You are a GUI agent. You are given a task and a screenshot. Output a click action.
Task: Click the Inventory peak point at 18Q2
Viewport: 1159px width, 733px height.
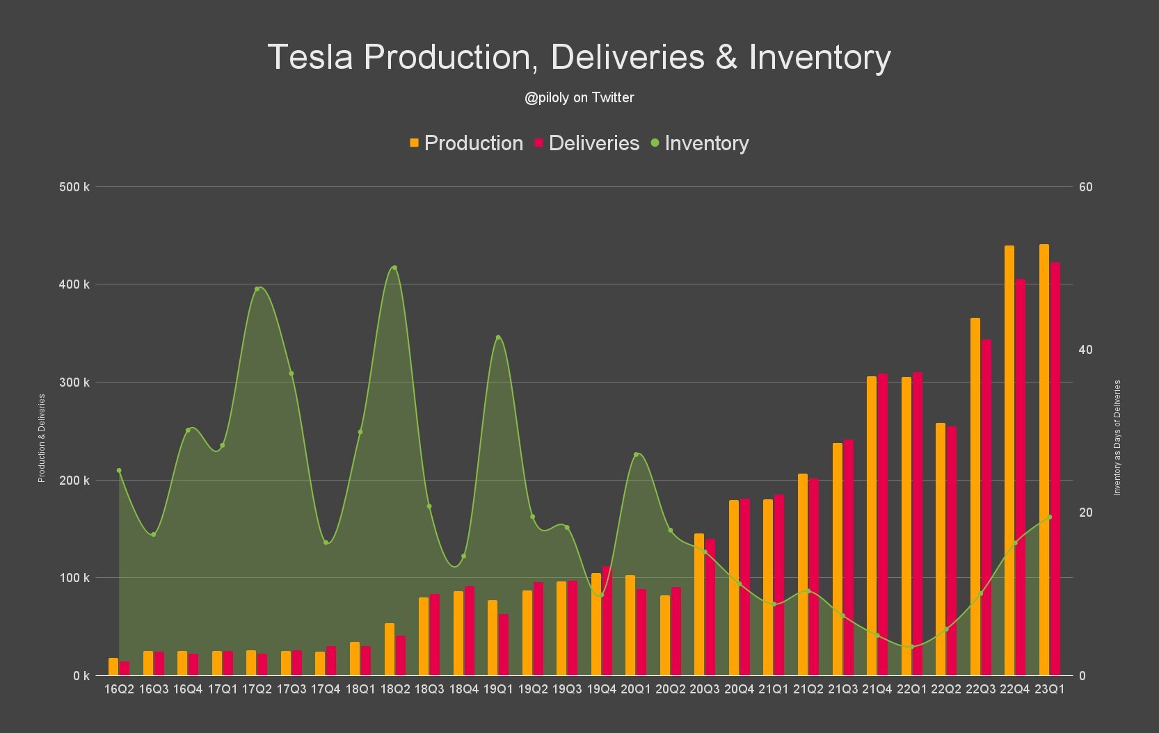point(394,268)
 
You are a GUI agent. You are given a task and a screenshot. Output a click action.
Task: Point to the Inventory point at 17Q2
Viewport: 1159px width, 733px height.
point(257,289)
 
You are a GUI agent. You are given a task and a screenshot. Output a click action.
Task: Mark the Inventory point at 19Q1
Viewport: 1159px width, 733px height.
point(498,338)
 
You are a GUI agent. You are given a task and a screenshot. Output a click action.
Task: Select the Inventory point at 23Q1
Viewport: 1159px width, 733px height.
point(1050,517)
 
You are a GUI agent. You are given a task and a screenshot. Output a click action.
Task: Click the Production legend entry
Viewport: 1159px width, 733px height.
point(466,143)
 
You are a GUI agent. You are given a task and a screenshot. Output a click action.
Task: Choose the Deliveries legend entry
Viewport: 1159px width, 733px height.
point(586,143)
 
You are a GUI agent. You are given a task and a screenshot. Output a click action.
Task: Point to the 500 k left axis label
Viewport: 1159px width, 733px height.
point(74,187)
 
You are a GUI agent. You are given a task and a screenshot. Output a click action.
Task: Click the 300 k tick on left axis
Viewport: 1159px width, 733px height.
point(74,382)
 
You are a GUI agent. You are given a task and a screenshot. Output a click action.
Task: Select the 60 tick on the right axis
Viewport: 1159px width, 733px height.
point(1085,187)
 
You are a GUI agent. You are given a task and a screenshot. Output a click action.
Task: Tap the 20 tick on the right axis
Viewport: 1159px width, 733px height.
point(1085,513)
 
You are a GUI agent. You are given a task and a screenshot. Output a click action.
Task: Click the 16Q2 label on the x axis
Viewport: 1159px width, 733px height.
point(119,689)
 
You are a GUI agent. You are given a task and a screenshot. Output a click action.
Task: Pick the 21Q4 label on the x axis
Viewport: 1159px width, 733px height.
point(877,689)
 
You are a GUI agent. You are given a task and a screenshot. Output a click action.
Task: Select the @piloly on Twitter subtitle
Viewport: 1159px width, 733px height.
point(579,98)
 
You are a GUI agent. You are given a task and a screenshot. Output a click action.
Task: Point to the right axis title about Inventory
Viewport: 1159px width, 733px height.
point(1117,437)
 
